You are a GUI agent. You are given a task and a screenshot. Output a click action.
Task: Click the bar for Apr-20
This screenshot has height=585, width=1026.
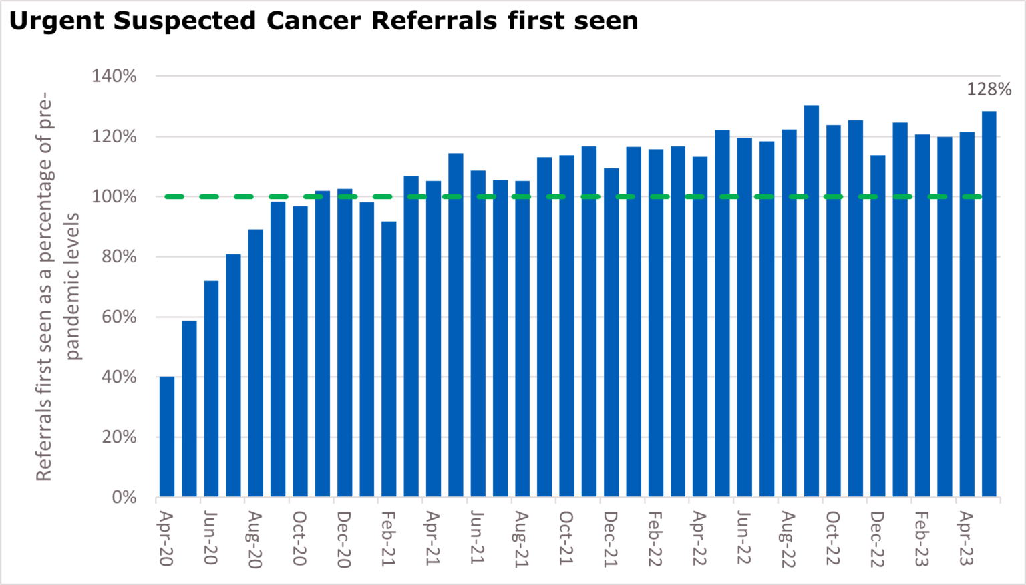pos(167,437)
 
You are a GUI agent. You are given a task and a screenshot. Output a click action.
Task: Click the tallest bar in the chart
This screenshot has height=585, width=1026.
pos(811,301)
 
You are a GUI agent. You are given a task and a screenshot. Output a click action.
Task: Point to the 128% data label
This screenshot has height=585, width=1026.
pos(989,89)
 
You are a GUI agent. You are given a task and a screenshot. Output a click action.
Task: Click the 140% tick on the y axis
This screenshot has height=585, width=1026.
pos(114,77)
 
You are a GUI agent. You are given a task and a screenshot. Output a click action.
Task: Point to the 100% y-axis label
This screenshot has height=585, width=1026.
pos(114,197)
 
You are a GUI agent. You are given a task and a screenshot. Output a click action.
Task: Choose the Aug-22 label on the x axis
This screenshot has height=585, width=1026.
pos(788,540)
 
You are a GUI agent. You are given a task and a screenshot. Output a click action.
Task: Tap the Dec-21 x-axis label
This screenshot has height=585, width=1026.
pos(611,540)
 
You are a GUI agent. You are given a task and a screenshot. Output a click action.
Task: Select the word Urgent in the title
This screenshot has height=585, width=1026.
pos(57,21)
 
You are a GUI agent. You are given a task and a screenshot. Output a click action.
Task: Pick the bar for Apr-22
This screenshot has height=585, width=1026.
pos(700,327)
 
